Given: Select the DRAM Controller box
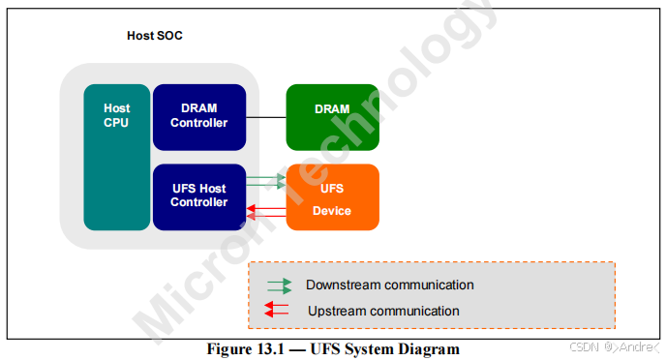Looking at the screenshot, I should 198,116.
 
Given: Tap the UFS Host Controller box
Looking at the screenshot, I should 198,196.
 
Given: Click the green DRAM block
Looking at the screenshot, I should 332,116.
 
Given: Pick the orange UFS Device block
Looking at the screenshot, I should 332,197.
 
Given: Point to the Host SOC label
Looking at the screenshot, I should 155,36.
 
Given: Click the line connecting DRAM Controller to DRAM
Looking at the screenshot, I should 266,116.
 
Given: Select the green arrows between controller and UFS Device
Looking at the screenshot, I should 266,181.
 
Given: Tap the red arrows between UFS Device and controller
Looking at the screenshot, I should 266,212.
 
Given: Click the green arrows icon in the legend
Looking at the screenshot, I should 279,286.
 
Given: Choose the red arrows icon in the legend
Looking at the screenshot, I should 279,311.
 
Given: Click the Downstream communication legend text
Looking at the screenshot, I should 389,285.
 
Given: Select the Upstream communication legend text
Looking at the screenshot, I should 383,311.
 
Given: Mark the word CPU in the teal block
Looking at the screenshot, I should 116,123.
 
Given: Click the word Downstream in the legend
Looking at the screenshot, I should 344,285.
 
